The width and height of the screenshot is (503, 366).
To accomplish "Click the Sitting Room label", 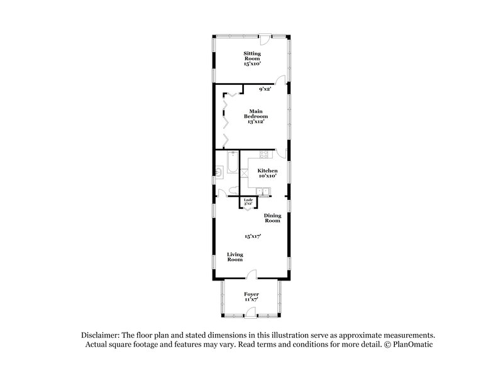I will point(252,56).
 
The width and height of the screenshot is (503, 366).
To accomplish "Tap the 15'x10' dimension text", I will point(252,64).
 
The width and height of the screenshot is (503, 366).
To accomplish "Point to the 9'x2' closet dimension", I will point(264,89).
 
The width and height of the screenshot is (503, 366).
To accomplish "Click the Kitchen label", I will point(267,170).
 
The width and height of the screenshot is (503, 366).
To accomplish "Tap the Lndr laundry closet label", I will point(248,201).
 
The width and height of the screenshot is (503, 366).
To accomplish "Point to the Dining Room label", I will point(272,218).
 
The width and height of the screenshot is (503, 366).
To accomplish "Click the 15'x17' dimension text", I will point(253,236).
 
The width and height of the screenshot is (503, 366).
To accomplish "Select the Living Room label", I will point(235,257).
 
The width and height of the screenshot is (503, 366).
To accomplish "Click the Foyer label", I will point(251,294).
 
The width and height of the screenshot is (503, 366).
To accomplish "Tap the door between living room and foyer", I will point(251,275).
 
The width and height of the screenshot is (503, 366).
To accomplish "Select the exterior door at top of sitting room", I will point(267,36).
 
